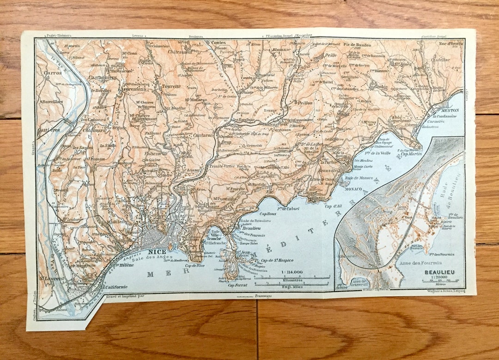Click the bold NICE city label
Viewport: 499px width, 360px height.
tap(157, 252)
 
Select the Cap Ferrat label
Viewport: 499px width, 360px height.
tap(238, 285)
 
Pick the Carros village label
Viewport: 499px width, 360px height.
tap(52, 73)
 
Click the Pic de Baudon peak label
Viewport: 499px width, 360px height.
tap(358, 45)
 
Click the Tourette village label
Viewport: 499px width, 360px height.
tap(171, 86)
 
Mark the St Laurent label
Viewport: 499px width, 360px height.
tap(50, 278)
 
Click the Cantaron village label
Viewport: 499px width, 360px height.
tap(203, 135)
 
